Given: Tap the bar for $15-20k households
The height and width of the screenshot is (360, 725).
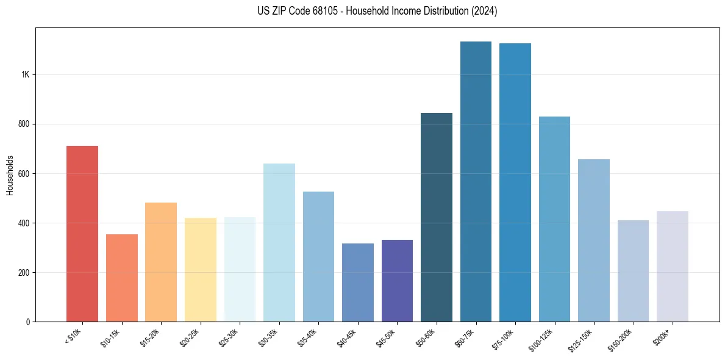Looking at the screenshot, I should coord(161,262).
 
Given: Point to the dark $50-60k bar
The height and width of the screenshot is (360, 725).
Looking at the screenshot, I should coord(437,217).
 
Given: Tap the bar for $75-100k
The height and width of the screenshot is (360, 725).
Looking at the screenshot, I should coord(515,182).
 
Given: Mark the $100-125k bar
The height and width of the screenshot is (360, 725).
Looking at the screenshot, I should coord(554,219).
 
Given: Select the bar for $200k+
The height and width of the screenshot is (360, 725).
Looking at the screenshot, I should coord(673,266).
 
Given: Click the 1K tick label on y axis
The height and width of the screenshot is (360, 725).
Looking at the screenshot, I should coord(25,74).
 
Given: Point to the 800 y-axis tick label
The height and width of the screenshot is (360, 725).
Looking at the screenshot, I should coord(24,124).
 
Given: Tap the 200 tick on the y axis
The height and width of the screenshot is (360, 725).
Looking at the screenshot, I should coord(24,272).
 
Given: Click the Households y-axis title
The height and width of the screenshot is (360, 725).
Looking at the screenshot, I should coord(10,175).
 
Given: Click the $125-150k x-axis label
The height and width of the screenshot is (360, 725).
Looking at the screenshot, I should coord(585,337).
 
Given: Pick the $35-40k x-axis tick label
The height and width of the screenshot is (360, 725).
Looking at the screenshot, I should coord(310,336).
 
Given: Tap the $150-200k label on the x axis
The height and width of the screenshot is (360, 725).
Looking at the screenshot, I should coord(624,337).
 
